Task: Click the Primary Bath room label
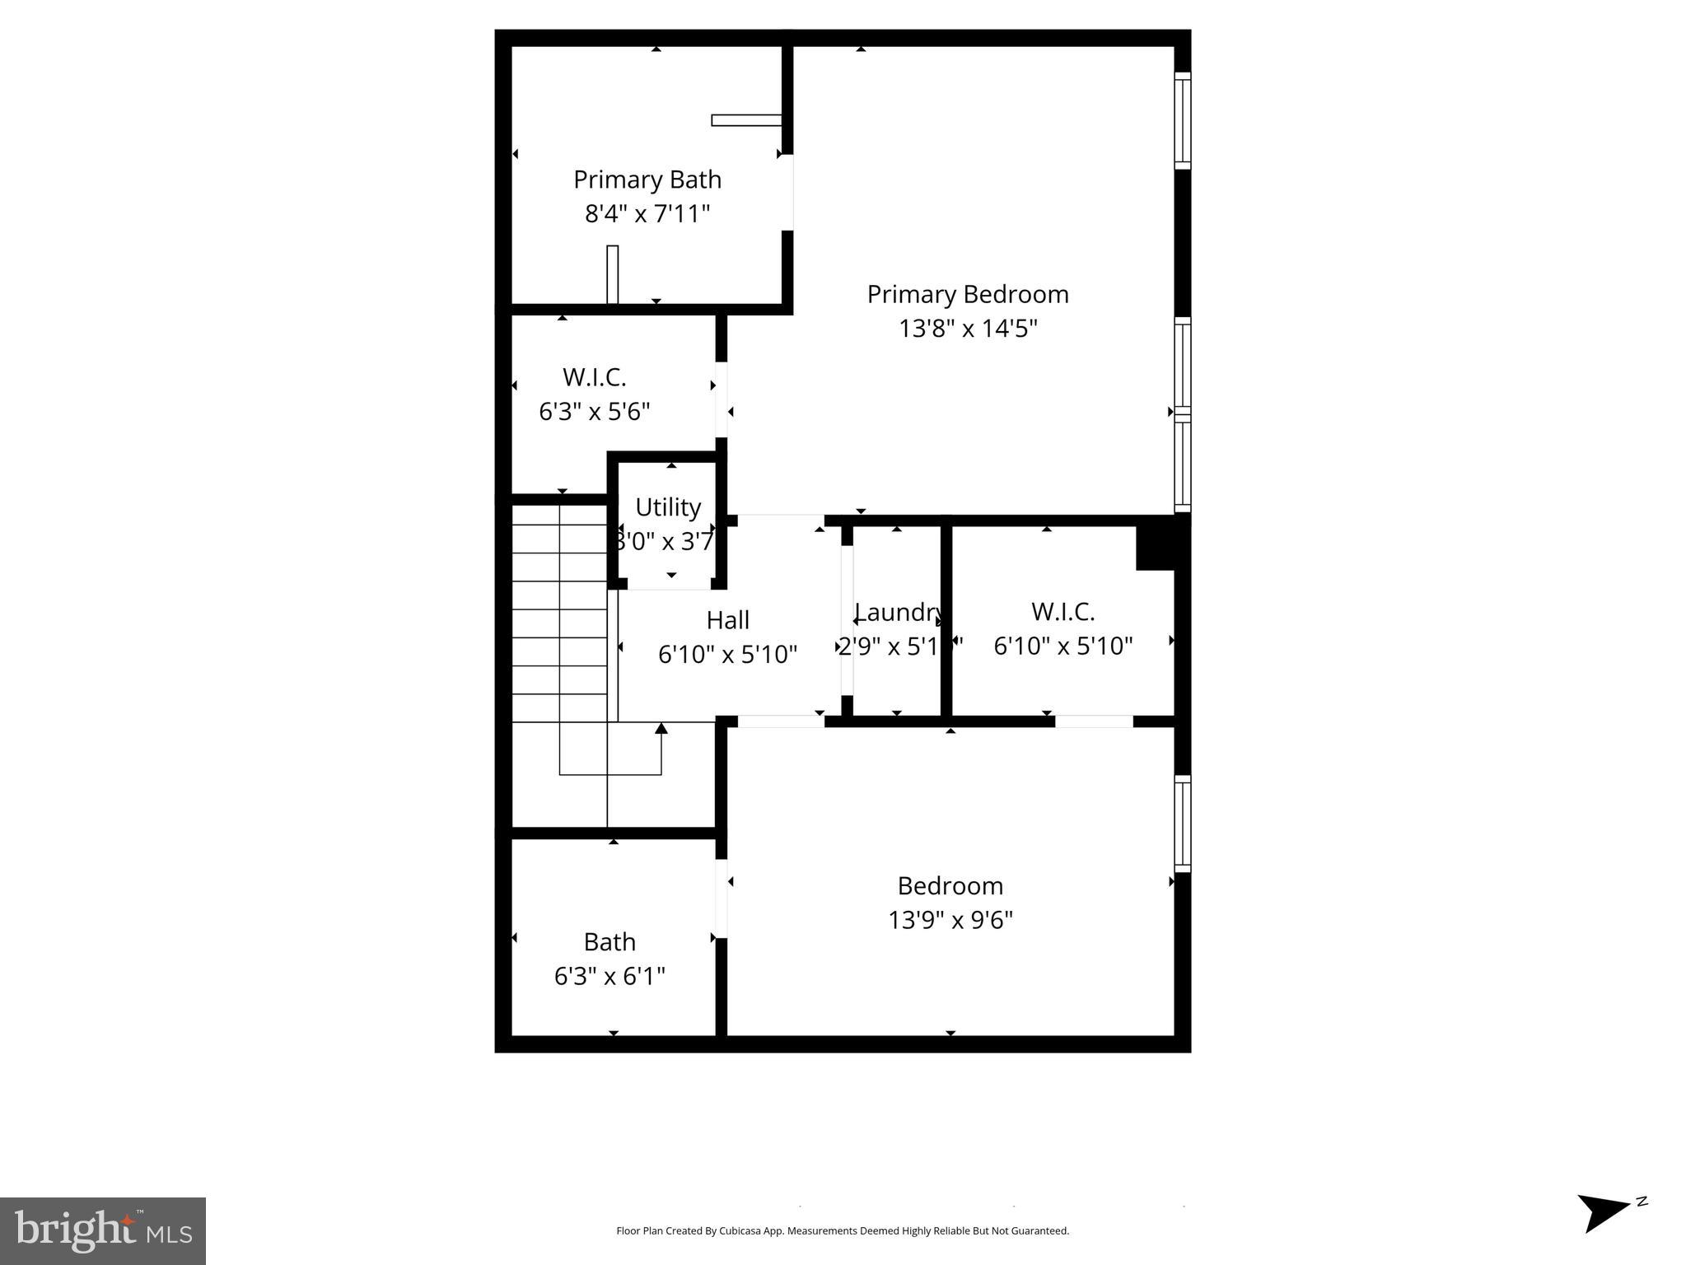coord(647,180)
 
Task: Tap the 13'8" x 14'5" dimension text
coord(968,329)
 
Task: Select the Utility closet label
coord(668,507)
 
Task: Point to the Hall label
coord(728,620)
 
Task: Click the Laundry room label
coord(898,612)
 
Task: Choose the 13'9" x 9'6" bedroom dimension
coord(950,920)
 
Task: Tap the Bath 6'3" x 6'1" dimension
coord(609,976)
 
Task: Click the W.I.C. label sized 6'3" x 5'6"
coord(595,377)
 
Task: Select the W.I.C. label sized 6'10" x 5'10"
coord(1063,612)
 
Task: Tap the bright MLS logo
coord(103,1231)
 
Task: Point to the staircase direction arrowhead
coord(661,728)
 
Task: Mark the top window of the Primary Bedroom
coord(1183,120)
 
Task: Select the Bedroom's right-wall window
coord(1183,824)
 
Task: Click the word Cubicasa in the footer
coord(739,1231)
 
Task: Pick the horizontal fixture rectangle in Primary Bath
coord(746,120)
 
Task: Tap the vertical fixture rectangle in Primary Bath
coord(613,274)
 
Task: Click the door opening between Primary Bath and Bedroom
coord(787,192)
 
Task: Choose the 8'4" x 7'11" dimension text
coord(647,214)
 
